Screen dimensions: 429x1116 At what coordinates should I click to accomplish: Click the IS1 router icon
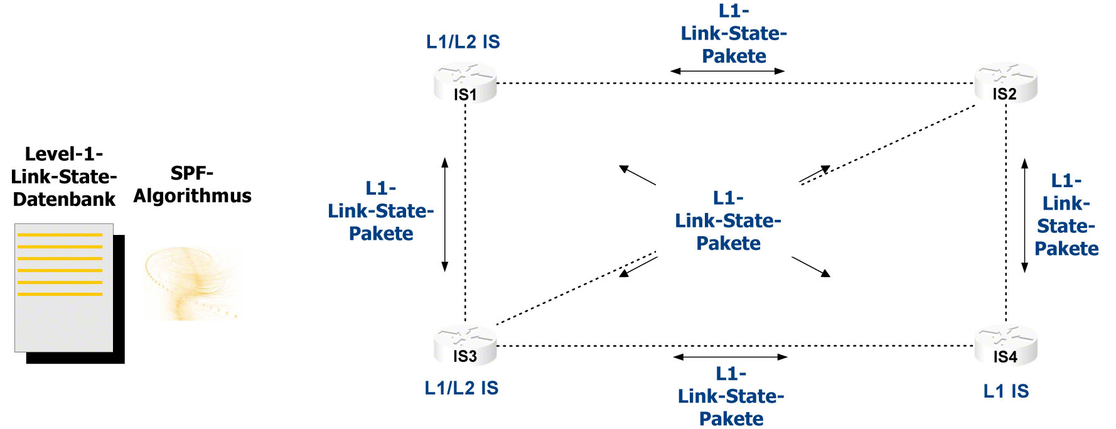(465, 83)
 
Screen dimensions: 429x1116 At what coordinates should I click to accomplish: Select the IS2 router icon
(1006, 83)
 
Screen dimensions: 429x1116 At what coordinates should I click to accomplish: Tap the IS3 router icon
(465, 346)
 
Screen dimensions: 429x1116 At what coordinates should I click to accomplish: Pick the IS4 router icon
(1006, 346)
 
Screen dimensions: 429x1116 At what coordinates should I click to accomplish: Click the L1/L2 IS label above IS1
(463, 42)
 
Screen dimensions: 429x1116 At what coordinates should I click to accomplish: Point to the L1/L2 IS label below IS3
(461, 388)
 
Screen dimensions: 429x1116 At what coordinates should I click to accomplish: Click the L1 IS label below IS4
(1006, 391)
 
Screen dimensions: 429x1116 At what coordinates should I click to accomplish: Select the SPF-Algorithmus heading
(192, 185)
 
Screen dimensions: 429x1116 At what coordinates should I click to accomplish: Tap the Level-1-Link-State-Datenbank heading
(64, 176)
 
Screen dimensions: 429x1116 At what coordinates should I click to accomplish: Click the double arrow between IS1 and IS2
(727, 71)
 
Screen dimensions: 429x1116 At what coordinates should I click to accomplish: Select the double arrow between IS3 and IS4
(730, 357)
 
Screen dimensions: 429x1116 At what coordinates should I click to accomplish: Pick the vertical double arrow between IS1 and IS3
(445, 214)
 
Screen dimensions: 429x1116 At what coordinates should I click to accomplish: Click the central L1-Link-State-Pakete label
(728, 221)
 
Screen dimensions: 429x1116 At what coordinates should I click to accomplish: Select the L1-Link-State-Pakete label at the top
(734, 33)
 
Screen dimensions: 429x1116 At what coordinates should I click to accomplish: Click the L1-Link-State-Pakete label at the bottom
(731, 396)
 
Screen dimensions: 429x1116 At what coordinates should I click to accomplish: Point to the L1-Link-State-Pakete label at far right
(1066, 215)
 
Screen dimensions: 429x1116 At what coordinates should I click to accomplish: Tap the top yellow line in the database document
(60, 235)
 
